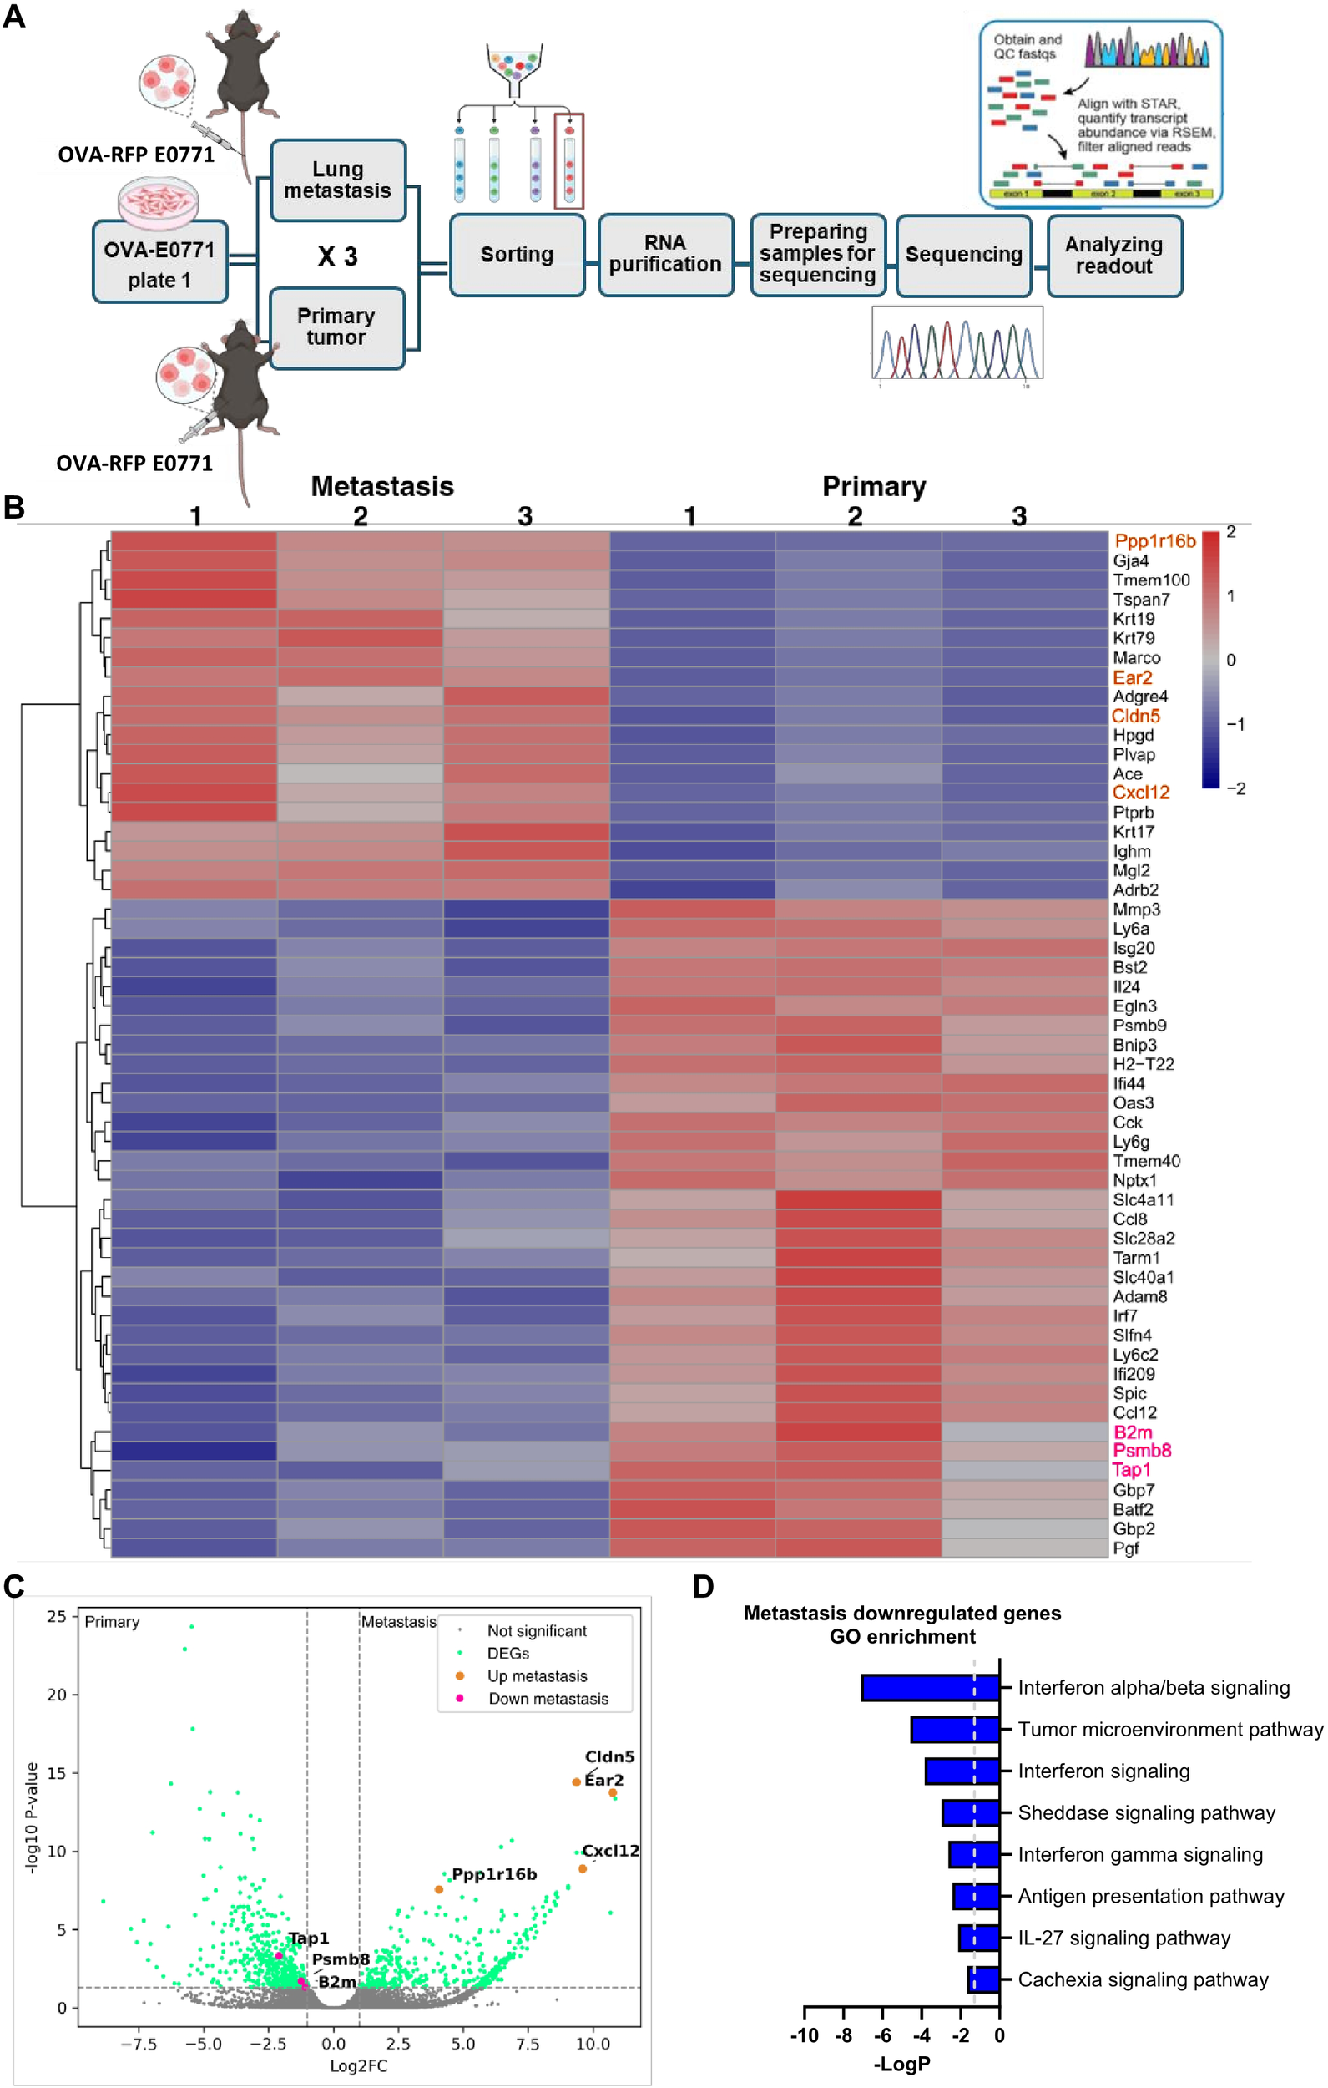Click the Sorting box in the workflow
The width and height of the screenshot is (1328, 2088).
pyautogui.click(x=517, y=255)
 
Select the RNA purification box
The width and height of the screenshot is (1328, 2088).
pyautogui.click(x=665, y=254)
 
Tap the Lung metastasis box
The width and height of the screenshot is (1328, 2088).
pyautogui.click(x=337, y=180)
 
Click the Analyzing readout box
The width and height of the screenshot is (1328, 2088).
pyautogui.click(x=1113, y=256)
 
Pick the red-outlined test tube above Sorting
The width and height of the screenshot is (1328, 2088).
pyautogui.click(x=569, y=162)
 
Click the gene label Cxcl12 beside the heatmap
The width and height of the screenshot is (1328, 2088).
pyautogui.click(x=1141, y=793)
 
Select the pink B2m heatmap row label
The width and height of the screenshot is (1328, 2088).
pyautogui.click(x=1132, y=1432)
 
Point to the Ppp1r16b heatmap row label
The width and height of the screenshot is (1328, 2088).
pyautogui.click(x=1154, y=542)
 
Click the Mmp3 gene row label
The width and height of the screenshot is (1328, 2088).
pyautogui.click(x=1135, y=910)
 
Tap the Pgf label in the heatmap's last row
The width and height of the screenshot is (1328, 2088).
pyautogui.click(x=1126, y=1548)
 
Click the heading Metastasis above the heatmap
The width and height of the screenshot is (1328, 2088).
pyautogui.click(x=382, y=486)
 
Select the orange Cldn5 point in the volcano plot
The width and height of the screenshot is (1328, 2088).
pyautogui.click(x=577, y=1782)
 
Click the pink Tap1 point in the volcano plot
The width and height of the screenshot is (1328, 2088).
pyautogui.click(x=278, y=1955)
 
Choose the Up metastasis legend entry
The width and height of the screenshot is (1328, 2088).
pyautogui.click(x=537, y=1676)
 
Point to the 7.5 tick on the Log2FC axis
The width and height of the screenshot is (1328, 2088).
pyautogui.click(x=528, y=2044)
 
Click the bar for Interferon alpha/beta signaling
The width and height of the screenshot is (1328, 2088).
pyautogui.click(x=930, y=1687)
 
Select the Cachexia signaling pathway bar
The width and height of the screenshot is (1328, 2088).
pyautogui.click(x=983, y=1979)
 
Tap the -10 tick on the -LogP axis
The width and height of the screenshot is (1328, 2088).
pyautogui.click(x=805, y=2035)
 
